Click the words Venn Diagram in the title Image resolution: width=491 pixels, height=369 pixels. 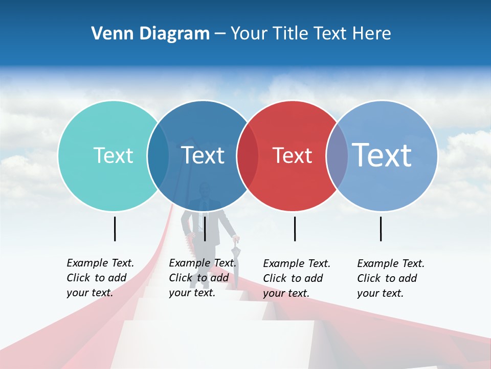150,34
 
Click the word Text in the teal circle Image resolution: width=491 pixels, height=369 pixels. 113,155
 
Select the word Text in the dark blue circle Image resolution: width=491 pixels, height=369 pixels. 203,155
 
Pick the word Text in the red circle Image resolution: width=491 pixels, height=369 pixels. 292,155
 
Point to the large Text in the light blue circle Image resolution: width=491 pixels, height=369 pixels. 382,155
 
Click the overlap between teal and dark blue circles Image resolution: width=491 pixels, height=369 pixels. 158,155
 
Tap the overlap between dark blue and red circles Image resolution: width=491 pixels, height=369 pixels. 248,155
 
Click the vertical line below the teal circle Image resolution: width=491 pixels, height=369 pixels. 115,229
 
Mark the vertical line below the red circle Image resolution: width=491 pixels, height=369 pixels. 295,229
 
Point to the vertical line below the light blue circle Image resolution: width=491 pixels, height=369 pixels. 381,229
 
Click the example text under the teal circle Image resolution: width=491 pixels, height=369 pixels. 100,278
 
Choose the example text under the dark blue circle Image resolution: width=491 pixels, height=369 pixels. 202,278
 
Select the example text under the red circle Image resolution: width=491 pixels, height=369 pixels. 296,278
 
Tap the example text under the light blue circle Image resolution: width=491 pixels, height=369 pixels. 390,278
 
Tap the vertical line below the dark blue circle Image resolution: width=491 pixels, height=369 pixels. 205,229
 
